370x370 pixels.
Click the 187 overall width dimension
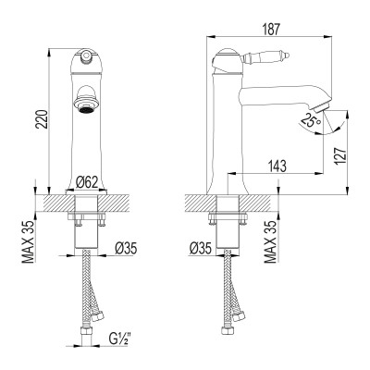271,30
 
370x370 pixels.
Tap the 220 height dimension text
42,119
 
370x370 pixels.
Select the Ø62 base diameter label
87,182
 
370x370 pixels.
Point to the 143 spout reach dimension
277,166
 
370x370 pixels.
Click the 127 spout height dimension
340,156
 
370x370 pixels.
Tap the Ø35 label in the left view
126,249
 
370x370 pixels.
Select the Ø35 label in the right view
201,249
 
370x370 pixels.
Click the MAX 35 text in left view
29,241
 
